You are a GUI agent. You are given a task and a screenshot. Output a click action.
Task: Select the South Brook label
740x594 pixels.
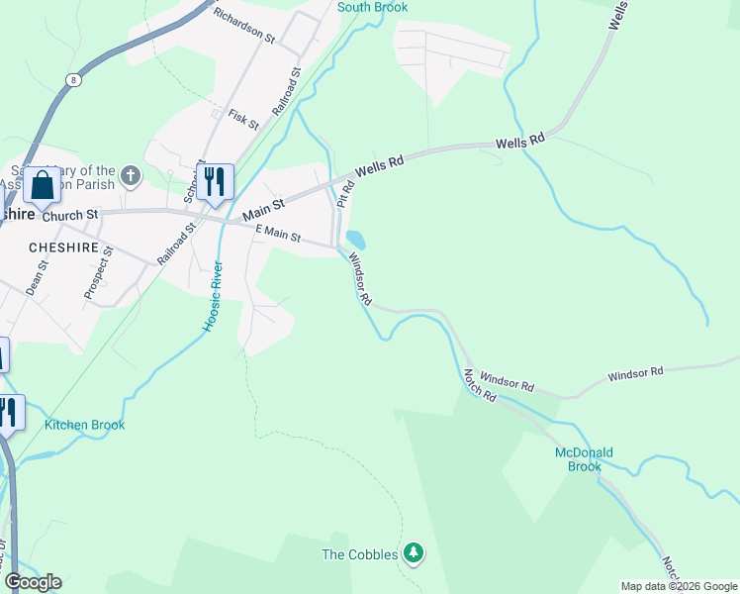coord(372,7)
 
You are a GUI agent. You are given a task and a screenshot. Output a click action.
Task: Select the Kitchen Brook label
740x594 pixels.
coord(84,426)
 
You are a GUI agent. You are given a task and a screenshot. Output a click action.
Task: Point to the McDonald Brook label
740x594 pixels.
coord(584,459)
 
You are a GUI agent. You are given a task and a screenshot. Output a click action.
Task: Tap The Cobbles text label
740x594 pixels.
coord(360,554)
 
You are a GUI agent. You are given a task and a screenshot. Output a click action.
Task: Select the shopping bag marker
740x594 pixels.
coord(43,184)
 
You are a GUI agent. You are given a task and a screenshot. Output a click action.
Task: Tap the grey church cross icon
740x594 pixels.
coord(131,176)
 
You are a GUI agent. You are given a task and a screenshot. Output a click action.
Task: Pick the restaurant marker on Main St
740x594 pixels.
coord(214,181)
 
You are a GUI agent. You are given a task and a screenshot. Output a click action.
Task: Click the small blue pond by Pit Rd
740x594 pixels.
coord(355,240)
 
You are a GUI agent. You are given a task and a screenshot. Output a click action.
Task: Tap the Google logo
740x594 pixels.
coord(33,582)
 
